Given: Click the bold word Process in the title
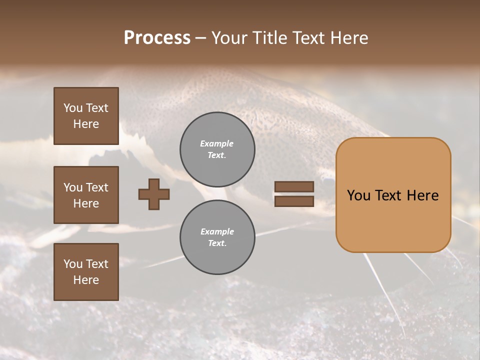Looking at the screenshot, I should pos(157,38).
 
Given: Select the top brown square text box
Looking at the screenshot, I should pos(86,116).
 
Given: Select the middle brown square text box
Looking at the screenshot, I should pos(86,195).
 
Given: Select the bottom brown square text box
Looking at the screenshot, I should pos(86,272).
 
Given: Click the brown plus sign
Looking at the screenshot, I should pos(154,194).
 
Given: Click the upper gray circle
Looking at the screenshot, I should pos(217,149).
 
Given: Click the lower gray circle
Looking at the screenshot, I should pos(217,237).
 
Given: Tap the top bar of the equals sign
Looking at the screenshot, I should pos(294,187).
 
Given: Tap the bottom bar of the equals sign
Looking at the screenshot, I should pos(294,201).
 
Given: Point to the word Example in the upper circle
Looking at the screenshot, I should pos(217,143).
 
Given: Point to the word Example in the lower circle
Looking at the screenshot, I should pos(217,231).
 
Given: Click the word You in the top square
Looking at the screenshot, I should pos(73,108).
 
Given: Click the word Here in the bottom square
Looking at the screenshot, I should pos(86,280).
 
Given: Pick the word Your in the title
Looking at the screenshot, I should pos(229,38).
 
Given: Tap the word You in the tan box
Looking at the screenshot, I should pos(358,195).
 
